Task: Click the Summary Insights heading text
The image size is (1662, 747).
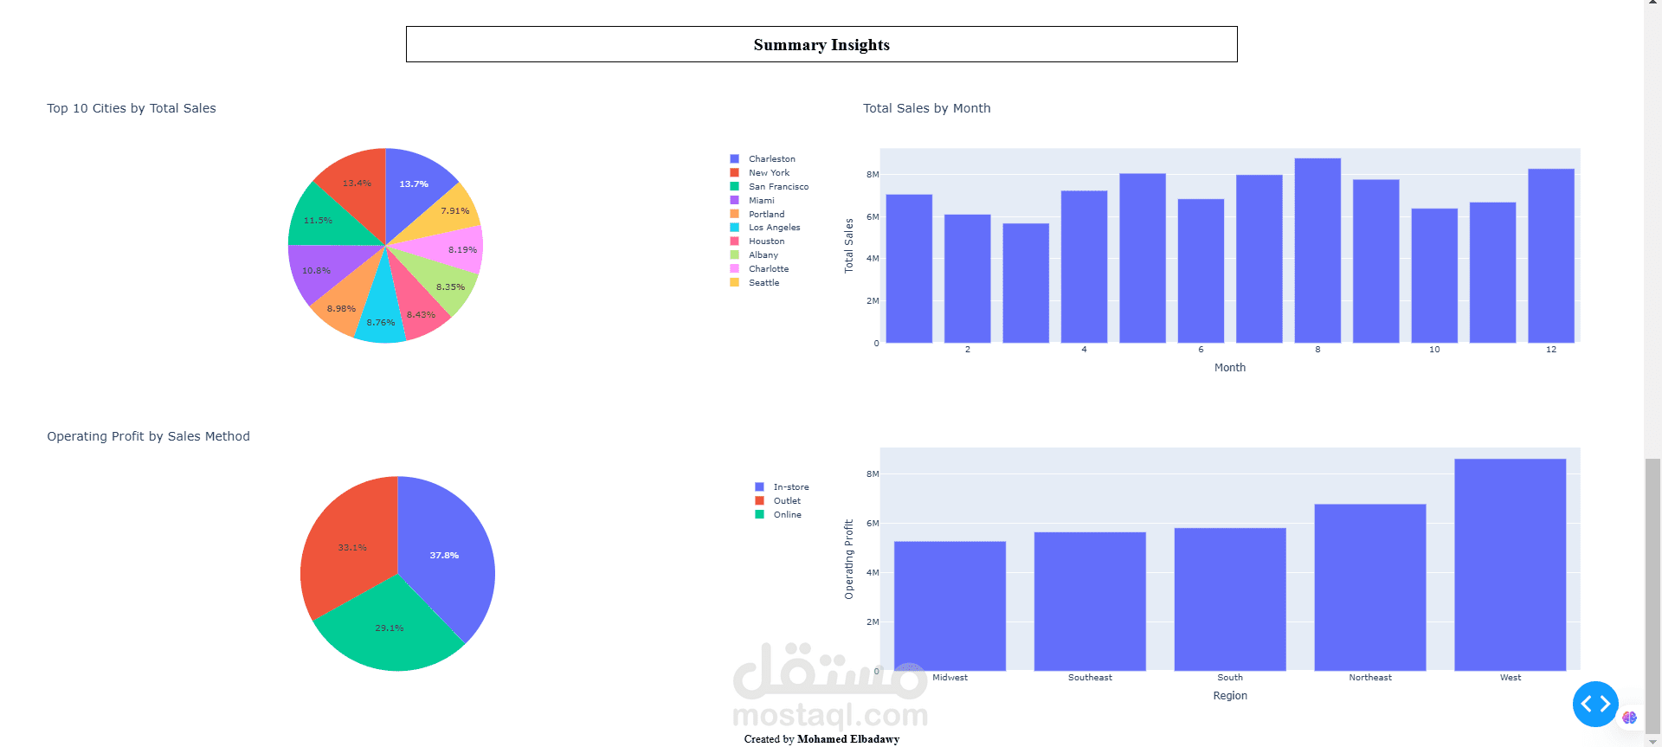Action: (821, 45)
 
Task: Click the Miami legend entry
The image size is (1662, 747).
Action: (761, 200)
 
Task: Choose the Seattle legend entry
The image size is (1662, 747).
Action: (763, 283)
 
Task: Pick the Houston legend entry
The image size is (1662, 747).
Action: (766, 241)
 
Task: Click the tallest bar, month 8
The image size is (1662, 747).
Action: (1317, 251)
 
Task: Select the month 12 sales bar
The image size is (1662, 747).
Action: (1550, 256)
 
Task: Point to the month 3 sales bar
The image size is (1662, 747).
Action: (1026, 283)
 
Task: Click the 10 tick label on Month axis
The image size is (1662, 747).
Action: (1434, 350)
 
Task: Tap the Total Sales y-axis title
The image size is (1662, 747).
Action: (849, 246)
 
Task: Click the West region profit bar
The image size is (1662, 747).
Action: (1510, 564)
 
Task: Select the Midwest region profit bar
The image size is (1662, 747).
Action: (950, 606)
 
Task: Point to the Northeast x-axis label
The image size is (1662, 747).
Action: (1370, 678)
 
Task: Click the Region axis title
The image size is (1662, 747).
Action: (1230, 696)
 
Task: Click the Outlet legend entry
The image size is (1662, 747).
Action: (787, 501)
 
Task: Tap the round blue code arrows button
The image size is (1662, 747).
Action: (1595, 704)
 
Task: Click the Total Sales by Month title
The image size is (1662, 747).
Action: (926, 108)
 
